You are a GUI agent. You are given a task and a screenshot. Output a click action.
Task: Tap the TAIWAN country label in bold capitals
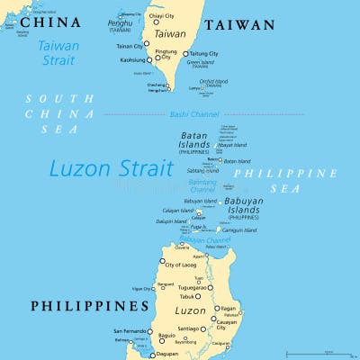[x=238, y=26]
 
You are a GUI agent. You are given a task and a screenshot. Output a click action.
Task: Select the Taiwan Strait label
[x=58, y=52]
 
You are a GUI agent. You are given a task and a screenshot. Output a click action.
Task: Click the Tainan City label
[x=130, y=45]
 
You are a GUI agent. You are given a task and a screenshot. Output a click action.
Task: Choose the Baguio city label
[x=167, y=336]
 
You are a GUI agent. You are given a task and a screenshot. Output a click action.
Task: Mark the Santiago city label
[x=188, y=330]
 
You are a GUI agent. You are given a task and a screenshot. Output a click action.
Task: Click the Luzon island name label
[x=189, y=310]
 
